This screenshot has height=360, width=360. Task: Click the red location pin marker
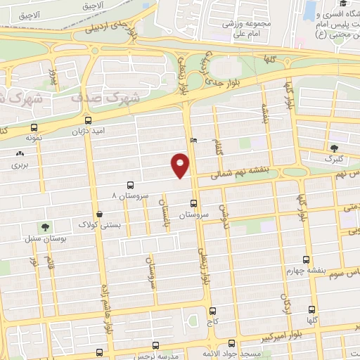[180, 165]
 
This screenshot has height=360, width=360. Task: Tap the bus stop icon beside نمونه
[34, 127]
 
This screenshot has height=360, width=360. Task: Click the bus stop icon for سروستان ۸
[130, 184]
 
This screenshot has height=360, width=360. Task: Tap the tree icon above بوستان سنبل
[46, 227]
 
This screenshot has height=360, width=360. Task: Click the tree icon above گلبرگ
[335, 148]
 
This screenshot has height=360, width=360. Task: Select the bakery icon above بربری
[19, 153]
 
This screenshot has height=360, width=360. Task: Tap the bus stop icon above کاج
[212, 310]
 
